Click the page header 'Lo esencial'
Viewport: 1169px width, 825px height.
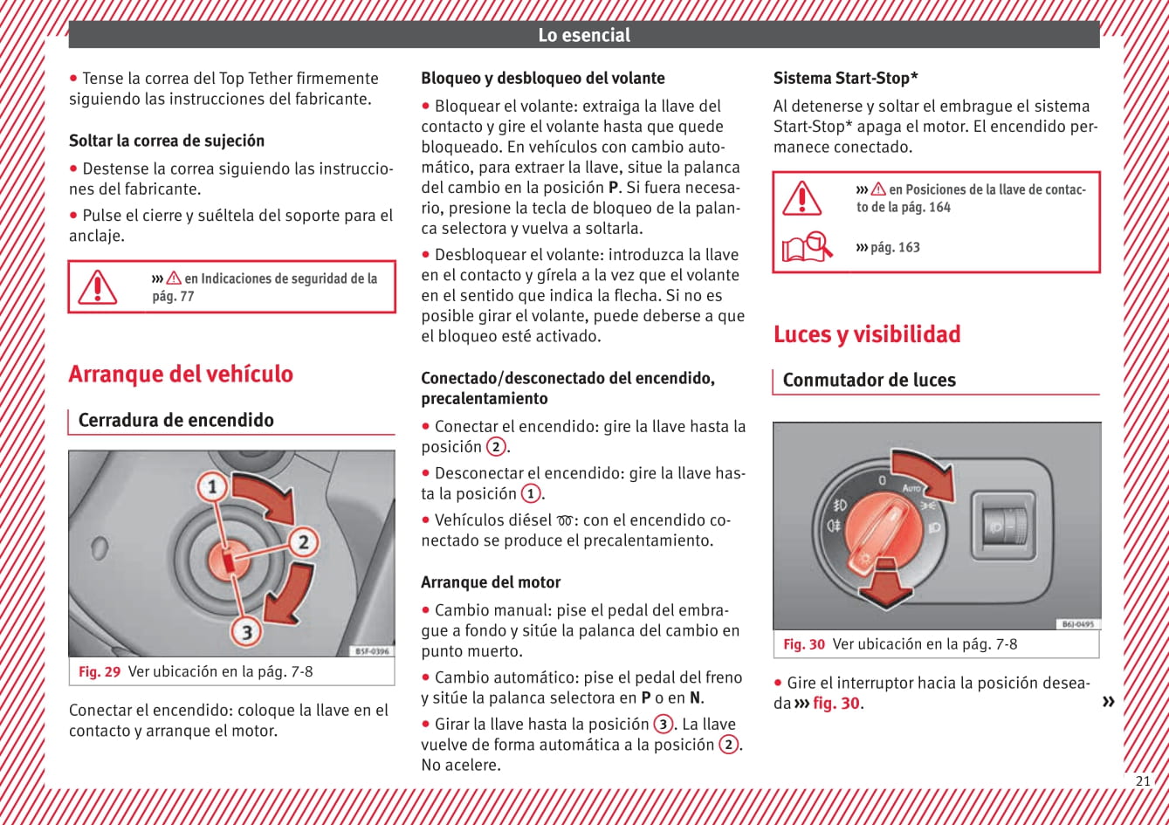[x=583, y=36]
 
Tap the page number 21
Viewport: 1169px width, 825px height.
[x=1142, y=781]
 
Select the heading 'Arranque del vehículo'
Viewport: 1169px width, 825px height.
[x=181, y=375]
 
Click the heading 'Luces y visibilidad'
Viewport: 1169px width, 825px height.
[x=866, y=334]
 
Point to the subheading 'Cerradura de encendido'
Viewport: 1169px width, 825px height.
[x=175, y=420]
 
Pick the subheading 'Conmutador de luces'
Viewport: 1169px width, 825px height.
[x=869, y=380]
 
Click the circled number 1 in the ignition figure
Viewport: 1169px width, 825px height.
[x=211, y=486]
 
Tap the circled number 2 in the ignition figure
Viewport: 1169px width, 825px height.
[x=303, y=542]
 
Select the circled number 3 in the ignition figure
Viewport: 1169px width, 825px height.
[x=247, y=631]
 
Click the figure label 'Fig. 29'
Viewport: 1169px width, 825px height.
[x=100, y=672]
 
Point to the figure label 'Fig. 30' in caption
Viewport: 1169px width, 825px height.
[x=804, y=645]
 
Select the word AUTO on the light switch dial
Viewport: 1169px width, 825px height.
[x=911, y=487]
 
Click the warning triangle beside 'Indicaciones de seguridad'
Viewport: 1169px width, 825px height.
[x=97, y=287]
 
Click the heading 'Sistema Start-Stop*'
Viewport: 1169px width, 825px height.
[x=845, y=79]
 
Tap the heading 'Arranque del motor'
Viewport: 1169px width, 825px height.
[x=491, y=582]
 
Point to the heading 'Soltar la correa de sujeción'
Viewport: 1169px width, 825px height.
[x=167, y=141]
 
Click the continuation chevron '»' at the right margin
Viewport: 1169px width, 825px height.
[x=1108, y=702]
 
